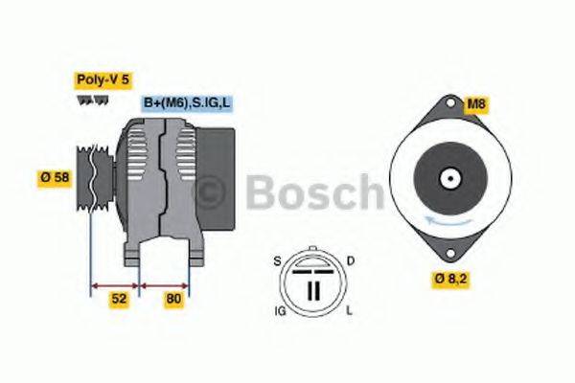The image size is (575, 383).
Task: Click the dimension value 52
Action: click(118, 298)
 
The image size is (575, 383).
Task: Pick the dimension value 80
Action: click(174, 298)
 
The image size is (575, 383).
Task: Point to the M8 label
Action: click(475, 103)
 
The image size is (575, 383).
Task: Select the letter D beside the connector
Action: click(352, 260)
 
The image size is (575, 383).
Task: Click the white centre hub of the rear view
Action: click(447, 179)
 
